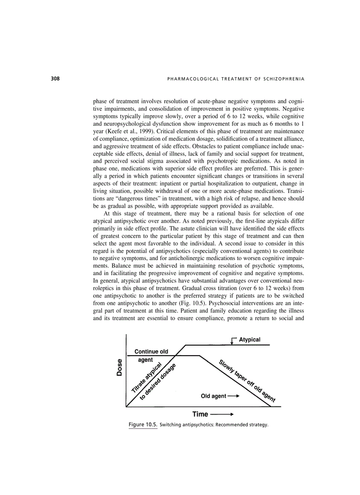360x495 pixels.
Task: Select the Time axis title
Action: [200, 414]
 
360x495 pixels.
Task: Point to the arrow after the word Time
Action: [222, 414]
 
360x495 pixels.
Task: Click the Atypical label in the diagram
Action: [250, 339]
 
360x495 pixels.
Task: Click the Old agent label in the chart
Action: [214, 396]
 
